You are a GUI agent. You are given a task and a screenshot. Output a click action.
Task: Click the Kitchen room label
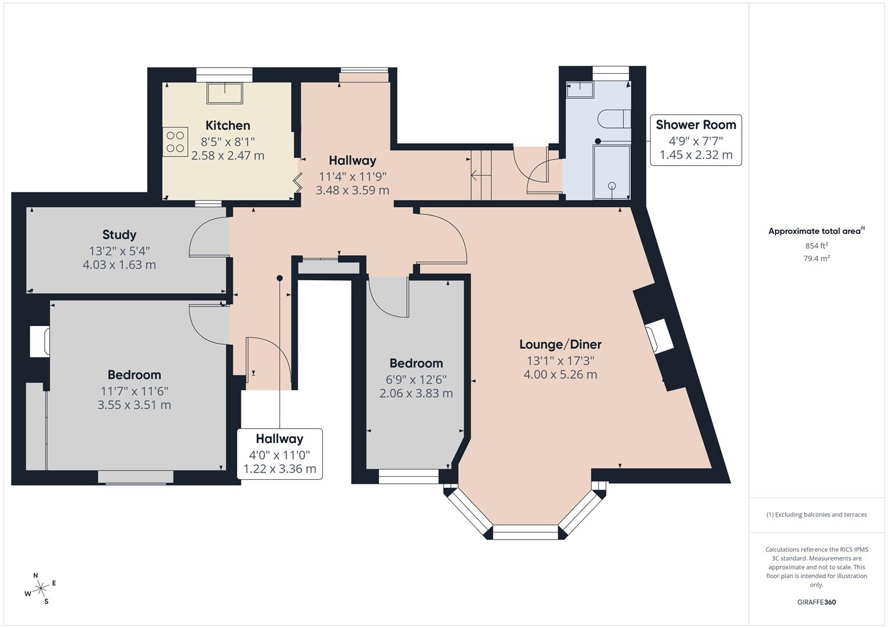pos(227,126)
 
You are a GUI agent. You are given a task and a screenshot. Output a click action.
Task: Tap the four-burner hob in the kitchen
pos(176,141)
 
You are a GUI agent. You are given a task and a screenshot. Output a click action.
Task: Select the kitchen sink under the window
pos(225,93)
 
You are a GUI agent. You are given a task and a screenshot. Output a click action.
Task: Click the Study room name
pos(119,235)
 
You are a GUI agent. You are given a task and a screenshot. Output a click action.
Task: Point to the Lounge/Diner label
pos(560,344)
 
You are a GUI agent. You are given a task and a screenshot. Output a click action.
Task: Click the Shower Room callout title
pos(696,124)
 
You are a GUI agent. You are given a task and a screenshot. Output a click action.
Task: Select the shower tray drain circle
pos(612,186)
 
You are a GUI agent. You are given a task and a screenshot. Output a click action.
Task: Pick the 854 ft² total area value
pos(816,246)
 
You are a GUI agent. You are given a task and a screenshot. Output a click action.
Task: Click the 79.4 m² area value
pos(816,259)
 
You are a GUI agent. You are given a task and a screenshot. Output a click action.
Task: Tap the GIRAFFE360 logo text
pos(816,602)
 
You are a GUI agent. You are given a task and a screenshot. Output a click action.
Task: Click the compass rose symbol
pos(41,588)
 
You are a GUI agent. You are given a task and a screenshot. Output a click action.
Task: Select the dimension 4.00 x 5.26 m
pos(560,374)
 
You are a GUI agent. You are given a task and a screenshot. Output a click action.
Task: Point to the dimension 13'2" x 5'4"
pos(119,251)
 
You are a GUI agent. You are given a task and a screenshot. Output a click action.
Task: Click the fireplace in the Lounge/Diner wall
pos(659,337)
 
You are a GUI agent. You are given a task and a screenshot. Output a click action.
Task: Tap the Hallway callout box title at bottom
pos(279,439)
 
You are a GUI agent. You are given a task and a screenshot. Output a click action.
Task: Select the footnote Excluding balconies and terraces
pos(816,515)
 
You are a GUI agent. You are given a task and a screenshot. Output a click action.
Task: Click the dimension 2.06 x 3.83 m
pos(416,394)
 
